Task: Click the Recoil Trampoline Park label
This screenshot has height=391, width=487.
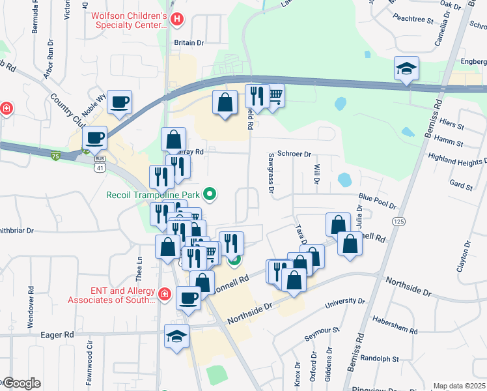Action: (154, 194)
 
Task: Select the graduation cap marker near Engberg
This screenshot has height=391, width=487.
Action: (406, 69)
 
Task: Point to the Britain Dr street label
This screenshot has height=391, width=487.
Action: (189, 42)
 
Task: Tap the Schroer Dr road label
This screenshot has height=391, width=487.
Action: (295, 154)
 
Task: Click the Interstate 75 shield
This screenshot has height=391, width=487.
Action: (57, 156)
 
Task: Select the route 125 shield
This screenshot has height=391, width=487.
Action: (396, 222)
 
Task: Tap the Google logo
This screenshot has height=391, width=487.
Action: (21, 383)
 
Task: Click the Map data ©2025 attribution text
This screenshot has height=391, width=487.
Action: (459, 386)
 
